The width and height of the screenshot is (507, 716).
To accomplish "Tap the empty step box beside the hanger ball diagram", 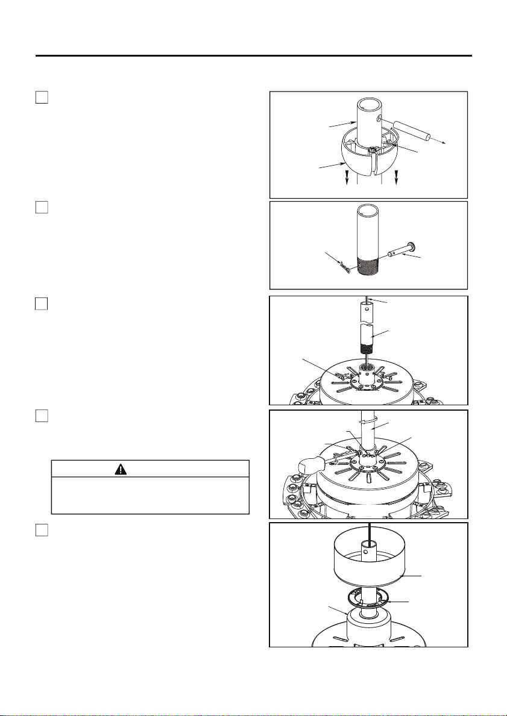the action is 42,98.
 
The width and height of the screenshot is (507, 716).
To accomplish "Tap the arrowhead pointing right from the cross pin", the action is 444,144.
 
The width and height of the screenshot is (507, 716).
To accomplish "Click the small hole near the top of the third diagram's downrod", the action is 367,308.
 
